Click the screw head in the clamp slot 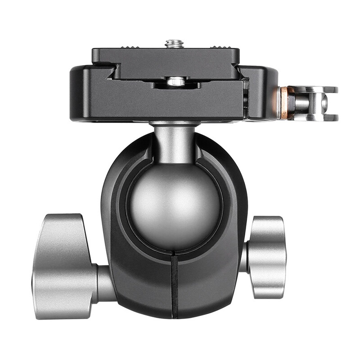click(x=176, y=81)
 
